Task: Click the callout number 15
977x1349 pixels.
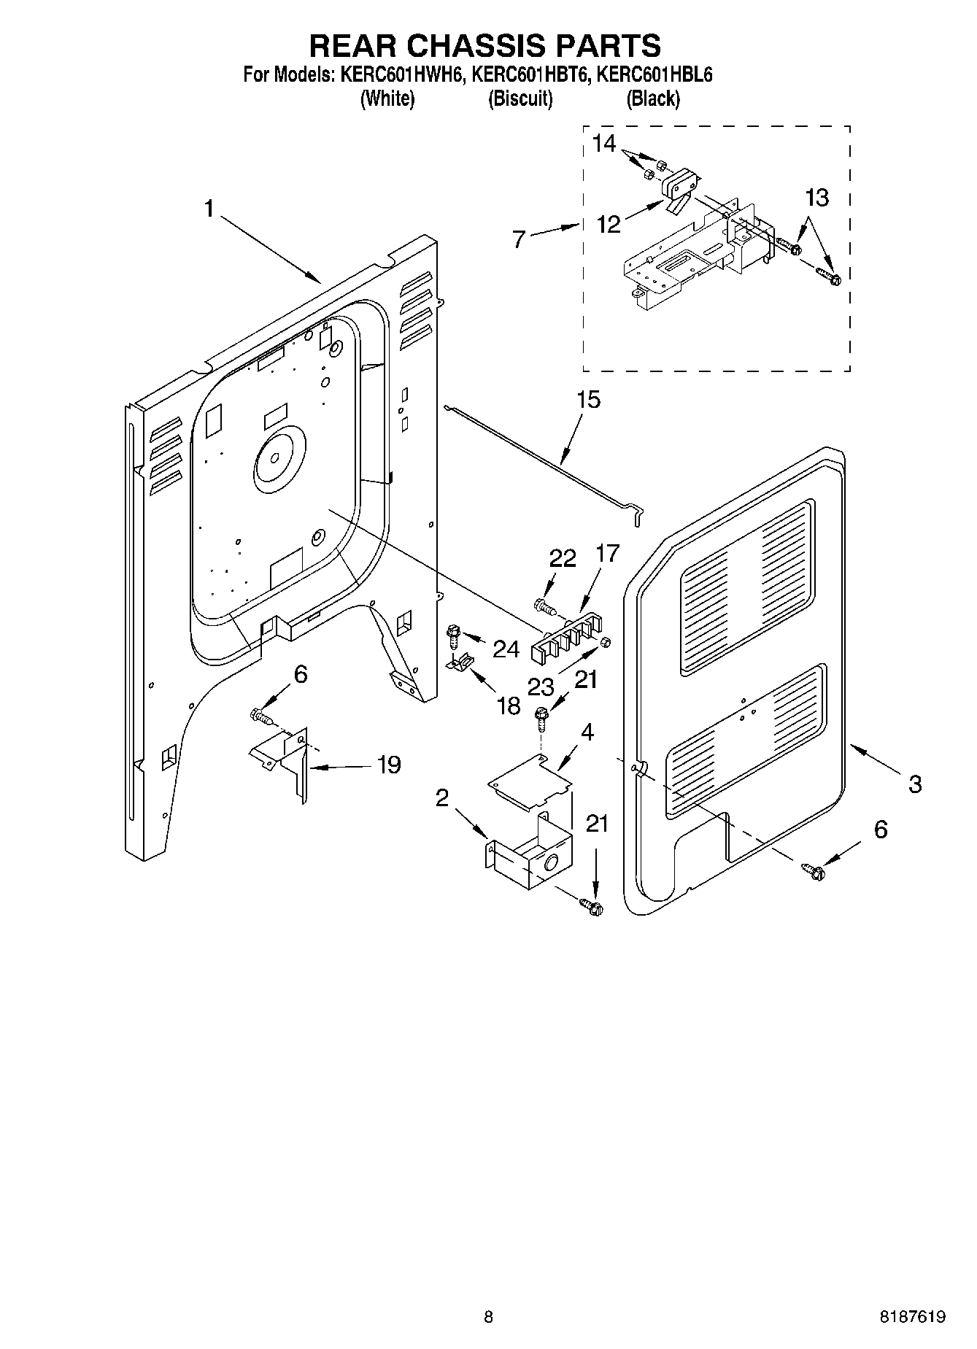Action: [588, 400]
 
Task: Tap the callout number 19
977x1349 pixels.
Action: [389, 765]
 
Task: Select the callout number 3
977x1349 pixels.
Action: [915, 784]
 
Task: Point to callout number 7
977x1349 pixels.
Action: [519, 239]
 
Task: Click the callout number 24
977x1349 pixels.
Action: [506, 649]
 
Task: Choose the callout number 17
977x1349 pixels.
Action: [607, 554]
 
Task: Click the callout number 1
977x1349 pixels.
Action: [209, 210]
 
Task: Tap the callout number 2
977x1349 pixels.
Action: [441, 798]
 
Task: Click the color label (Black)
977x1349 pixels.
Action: [653, 98]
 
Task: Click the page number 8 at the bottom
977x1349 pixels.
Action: [487, 1317]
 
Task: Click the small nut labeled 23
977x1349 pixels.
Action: [605, 641]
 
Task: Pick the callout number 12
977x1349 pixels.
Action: [609, 224]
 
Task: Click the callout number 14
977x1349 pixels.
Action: [604, 144]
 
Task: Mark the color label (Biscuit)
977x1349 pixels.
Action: [520, 98]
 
